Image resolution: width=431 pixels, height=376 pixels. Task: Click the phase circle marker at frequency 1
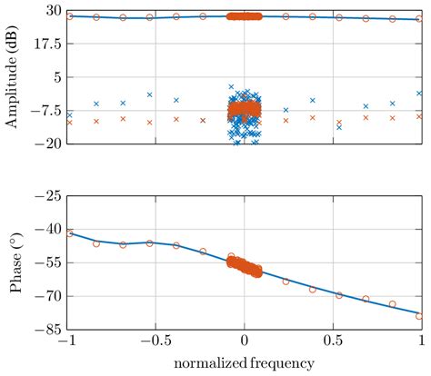click(419, 315)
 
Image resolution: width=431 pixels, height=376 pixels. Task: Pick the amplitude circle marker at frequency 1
click(419, 19)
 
